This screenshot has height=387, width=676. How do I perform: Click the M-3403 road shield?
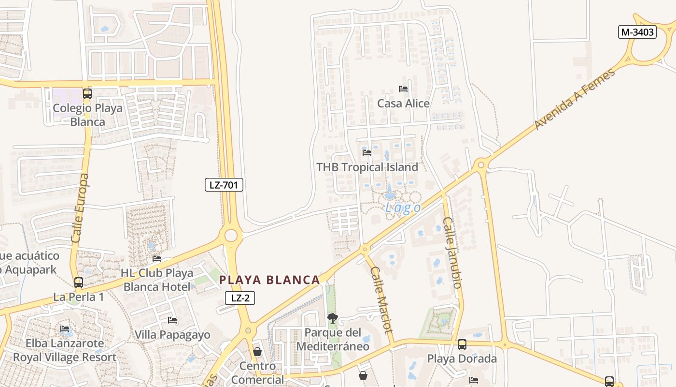tap(637, 32)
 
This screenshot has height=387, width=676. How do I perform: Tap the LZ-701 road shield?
tap(224, 184)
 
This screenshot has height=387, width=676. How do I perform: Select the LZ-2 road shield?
tap(240, 298)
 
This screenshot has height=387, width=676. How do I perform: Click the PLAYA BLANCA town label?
tap(269, 280)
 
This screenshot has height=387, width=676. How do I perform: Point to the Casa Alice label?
tap(403, 103)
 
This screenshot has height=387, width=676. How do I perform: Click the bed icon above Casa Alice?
tap(403, 89)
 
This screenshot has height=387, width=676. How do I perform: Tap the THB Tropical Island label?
tap(367, 167)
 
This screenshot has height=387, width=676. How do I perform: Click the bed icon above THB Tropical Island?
tap(367, 153)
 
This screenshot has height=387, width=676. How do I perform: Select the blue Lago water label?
tap(403, 208)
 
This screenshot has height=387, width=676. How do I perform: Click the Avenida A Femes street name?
tap(575, 99)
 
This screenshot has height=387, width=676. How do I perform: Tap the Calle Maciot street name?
tap(381, 298)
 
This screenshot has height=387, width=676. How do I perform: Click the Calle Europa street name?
tap(80, 208)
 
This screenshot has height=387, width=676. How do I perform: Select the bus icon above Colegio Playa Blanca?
tap(87, 93)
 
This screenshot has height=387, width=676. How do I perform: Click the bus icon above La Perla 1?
tap(79, 282)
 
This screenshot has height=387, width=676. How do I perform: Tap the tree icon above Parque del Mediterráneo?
tap(332, 318)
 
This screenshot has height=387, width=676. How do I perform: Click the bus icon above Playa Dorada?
tap(462, 344)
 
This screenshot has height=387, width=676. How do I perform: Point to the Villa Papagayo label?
tap(172, 335)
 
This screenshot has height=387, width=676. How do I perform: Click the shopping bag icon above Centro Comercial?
tap(257, 351)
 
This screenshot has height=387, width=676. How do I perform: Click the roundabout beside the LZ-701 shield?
tap(231, 236)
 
